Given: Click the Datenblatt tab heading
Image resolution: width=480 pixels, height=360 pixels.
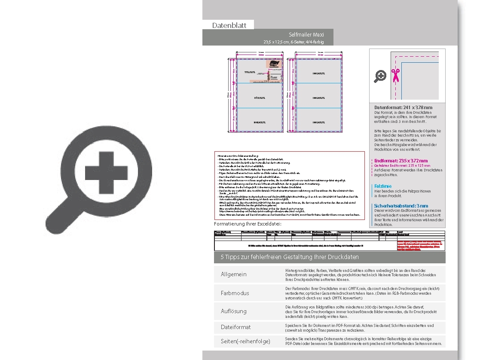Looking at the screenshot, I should tap(229, 25).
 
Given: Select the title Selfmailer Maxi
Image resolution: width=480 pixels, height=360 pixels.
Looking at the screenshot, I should tap(306, 34).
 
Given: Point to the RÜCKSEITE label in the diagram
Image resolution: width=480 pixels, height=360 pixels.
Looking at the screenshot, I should tap(260, 98).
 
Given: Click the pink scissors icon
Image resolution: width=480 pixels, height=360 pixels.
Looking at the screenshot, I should tap(395, 75).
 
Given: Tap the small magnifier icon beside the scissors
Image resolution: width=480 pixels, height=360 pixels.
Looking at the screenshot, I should tap(380, 76).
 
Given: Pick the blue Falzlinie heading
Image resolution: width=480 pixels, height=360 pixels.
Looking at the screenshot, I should tap(383, 186).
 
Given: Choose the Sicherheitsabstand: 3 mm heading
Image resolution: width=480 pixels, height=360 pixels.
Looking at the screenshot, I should tap(401, 206).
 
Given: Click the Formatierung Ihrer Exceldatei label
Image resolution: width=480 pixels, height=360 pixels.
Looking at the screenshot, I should tap(248, 224).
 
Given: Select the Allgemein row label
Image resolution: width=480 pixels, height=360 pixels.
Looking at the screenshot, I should tap(233, 274).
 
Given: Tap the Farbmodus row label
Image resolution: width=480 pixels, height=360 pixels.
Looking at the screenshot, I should tap(235, 293).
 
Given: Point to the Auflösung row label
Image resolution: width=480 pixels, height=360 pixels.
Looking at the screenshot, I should tap(233, 311).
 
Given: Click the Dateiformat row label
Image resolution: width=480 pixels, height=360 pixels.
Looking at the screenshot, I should tap(235, 327).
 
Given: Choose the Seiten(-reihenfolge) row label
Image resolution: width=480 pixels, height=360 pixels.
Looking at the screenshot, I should tap(245, 342).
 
